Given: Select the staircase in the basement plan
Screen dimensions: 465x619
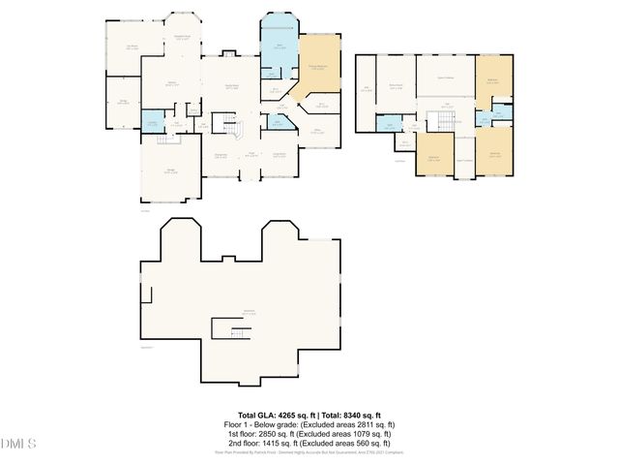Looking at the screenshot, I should pyautogui.click(x=234, y=333).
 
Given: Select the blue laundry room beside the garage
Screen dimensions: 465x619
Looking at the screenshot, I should pyautogui.click(x=153, y=121).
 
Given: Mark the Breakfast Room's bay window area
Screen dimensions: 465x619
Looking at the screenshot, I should pyautogui.click(x=181, y=34).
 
